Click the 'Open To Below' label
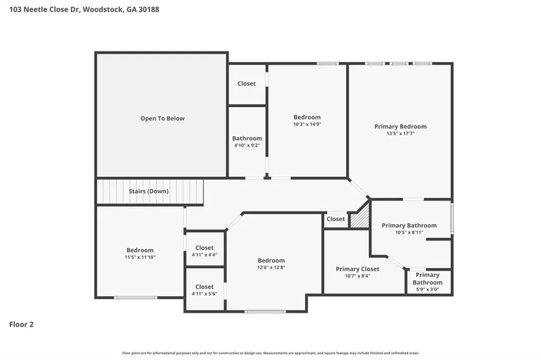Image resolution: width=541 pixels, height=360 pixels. [162, 118]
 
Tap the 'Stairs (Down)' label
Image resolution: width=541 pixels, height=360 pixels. [148, 191]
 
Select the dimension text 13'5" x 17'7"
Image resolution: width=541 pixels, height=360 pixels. [400, 134]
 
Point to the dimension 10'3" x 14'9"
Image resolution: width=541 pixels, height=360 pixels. [307, 124]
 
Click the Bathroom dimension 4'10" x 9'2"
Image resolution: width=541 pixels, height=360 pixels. [247, 146]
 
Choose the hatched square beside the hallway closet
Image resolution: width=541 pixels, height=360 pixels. [360, 217]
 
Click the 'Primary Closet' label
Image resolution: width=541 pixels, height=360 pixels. [358, 269]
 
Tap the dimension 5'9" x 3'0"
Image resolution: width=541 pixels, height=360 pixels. [427, 290]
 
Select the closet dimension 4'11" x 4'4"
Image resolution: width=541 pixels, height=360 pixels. [204, 255]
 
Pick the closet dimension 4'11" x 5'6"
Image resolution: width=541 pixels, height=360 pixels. [204, 294]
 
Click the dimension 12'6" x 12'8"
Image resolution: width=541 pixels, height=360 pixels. [271, 267]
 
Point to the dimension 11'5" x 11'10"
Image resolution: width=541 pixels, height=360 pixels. [140, 257]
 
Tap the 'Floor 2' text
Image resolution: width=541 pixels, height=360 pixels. [21, 325]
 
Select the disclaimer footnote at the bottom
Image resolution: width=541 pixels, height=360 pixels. [270, 353]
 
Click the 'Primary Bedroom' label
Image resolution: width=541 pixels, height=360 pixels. [400, 127]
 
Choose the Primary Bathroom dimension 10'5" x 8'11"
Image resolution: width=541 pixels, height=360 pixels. [409, 232]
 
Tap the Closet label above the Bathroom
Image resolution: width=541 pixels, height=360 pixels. [246, 83]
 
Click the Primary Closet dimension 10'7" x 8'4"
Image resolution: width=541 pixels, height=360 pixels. [358, 276]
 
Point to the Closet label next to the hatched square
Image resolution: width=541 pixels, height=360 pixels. [335, 219]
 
